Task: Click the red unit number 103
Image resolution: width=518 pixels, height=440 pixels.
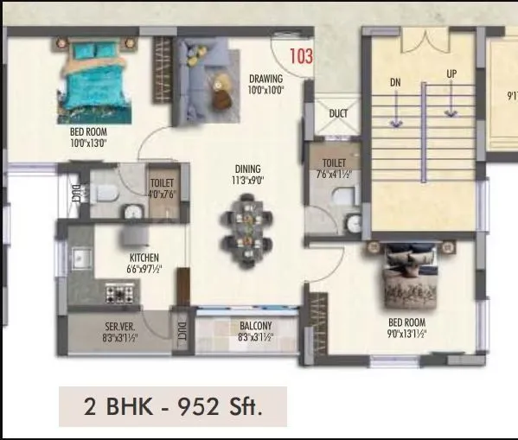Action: [x=300, y=57]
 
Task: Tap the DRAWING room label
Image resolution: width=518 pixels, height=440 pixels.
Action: [x=266, y=78]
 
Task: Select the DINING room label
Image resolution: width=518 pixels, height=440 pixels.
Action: [x=248, y=169]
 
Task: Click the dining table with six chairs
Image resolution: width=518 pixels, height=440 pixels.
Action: [x=247, y=226]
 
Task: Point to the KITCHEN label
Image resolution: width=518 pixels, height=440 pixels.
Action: [x=144, y=258]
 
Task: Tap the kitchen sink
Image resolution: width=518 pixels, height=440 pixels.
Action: [x=80, y=258]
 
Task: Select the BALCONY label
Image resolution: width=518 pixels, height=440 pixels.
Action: [x=256, y=326]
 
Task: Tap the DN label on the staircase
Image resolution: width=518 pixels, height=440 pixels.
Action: [x=395, y=82]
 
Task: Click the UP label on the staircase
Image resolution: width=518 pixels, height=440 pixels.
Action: [x=451, y=74]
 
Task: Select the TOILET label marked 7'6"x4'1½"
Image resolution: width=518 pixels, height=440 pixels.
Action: [x=334, y=163]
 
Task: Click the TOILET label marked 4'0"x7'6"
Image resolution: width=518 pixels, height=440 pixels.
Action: [x=162, y=183]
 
